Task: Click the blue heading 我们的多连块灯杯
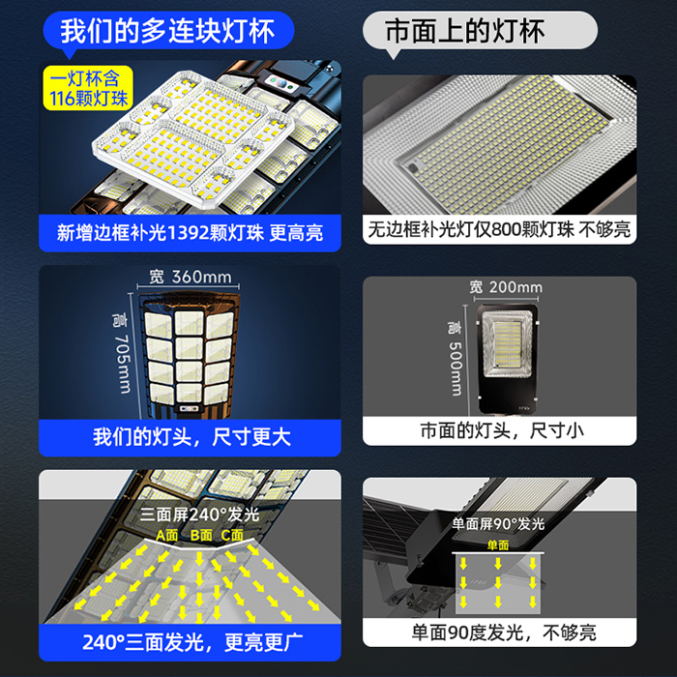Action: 167,31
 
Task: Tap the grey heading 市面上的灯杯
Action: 464,31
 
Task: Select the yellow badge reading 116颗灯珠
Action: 88,88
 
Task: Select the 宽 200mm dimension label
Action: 506,287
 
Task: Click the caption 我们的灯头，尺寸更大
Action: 191,437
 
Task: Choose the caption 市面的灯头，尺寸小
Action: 502,430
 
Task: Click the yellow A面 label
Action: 167,536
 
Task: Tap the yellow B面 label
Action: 201,536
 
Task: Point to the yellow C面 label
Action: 232,536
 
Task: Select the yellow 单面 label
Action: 498,545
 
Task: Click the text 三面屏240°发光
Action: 199,515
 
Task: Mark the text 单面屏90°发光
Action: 498,524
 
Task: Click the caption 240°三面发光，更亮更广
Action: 192,642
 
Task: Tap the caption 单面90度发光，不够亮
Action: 504,633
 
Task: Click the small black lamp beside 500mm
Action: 507,359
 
